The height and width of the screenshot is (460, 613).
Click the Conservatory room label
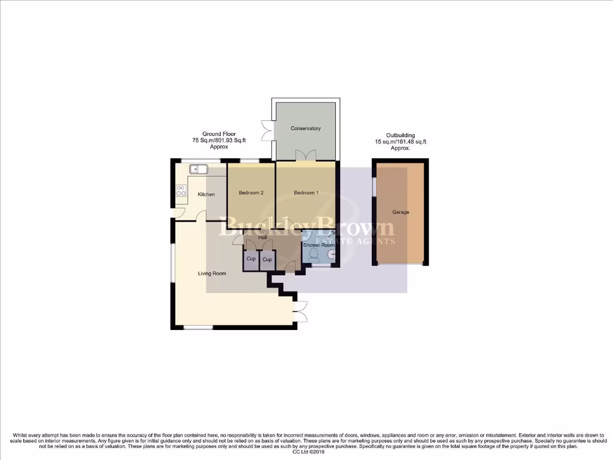coord(305,128)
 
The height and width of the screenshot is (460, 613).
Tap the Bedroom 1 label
coord(306,192)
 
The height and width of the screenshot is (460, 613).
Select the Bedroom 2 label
coord(251,192)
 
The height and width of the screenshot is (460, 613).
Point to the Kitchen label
coord(207,195)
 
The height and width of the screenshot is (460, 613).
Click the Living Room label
coord(212,274)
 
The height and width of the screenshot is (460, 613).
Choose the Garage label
coord(400,212)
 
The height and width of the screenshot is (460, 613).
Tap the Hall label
coord(262,238)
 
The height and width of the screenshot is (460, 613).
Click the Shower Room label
coord(318,245)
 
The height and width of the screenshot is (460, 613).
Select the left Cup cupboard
coord(251,259)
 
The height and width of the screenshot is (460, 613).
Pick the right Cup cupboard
coord(268,259)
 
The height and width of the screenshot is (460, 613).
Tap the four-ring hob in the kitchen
coord(181,191)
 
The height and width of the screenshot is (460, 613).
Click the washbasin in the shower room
coord(331,253)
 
